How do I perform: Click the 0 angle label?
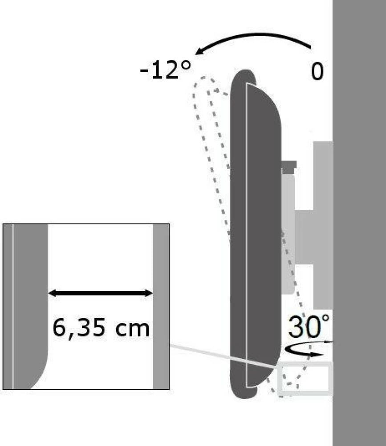pyautogui.click(x=317, y=71)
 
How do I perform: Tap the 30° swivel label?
pyautogui.click(x=309, y=326)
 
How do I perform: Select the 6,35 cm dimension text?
pyautogui.click(x=101, y=328)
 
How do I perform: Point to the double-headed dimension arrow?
pyautogui.click(x=101, y=293)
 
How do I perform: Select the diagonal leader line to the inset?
pyautogui.click(x=223, y=356)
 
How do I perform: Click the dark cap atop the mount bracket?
pyautogui.click(x=289, y=167)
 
